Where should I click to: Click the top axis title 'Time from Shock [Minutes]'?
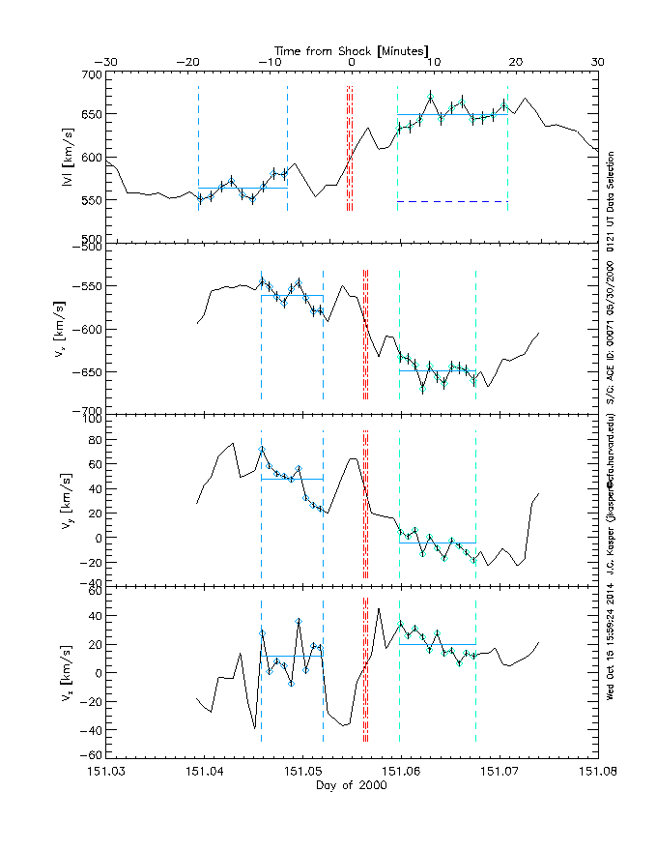click(352, 49)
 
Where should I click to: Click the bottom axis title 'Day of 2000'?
click(352, 786)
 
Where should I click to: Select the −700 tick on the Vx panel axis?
click(89, 411)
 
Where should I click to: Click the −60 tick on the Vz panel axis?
click(90, 755)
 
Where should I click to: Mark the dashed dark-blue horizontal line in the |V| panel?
click(452, 201)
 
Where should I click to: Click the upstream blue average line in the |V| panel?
click(243, 188)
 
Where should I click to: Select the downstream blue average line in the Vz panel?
click(437, 644)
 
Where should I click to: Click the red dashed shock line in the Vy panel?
click(365, 503)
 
